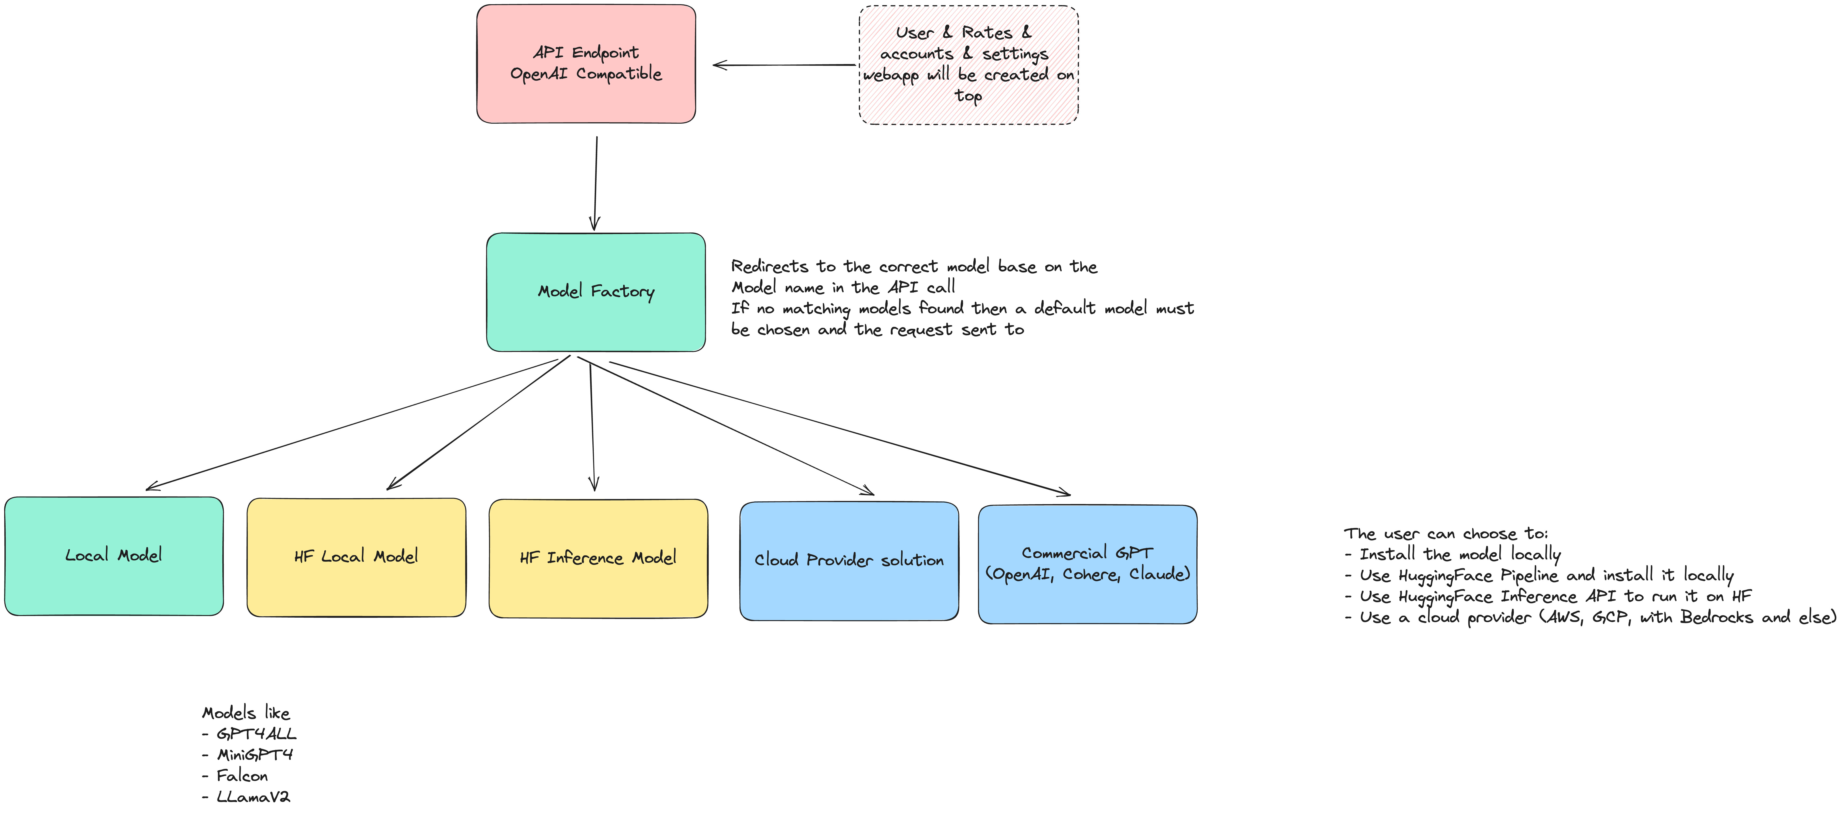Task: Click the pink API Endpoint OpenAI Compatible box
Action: click(586, 64)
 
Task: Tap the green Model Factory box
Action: click(595, 292)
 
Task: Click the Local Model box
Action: click(114, 556)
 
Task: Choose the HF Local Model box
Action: click(356, 557)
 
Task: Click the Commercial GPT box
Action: click(1087, 564)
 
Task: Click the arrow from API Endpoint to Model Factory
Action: click(595, 182)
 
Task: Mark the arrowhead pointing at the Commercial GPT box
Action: click(1065, 492)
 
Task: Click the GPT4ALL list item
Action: click(256, 734)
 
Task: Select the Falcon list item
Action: click(241, 776)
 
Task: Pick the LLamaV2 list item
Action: click(253, 796)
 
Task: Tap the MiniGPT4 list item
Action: click(255, 754)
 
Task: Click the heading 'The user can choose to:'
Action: click(1445, 533)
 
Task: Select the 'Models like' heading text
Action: click(246, 713)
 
